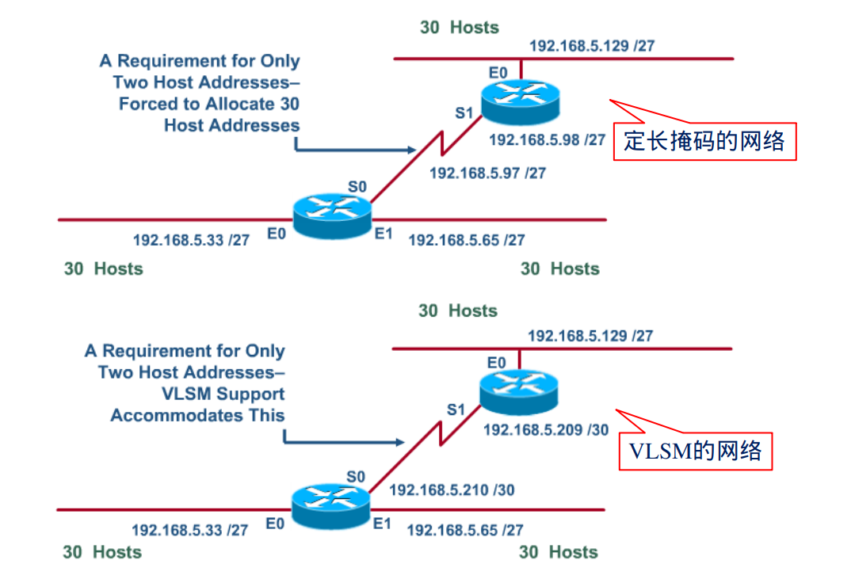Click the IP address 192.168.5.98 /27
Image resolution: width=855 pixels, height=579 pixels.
(548, 140)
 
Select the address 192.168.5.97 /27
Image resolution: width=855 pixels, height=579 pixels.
(487, 173)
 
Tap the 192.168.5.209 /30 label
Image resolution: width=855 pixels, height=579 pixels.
(546, 430)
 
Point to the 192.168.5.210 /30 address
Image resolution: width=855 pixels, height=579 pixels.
(452, 490)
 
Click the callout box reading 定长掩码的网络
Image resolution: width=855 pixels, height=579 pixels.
(704, 141)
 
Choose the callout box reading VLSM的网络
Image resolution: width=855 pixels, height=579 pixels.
(695, 451)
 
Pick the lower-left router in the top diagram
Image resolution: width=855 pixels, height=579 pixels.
(331, 210)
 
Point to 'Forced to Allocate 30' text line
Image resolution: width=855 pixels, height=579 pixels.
(209, 104)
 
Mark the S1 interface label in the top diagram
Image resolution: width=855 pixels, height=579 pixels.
(464, 113)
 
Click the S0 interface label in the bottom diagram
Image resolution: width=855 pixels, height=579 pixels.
(356, 477)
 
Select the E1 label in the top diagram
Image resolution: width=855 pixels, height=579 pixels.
(384, 233)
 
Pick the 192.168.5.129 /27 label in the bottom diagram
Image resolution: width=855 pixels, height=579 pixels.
(590, 336)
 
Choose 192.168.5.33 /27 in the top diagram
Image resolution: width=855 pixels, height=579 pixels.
(191, 239)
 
